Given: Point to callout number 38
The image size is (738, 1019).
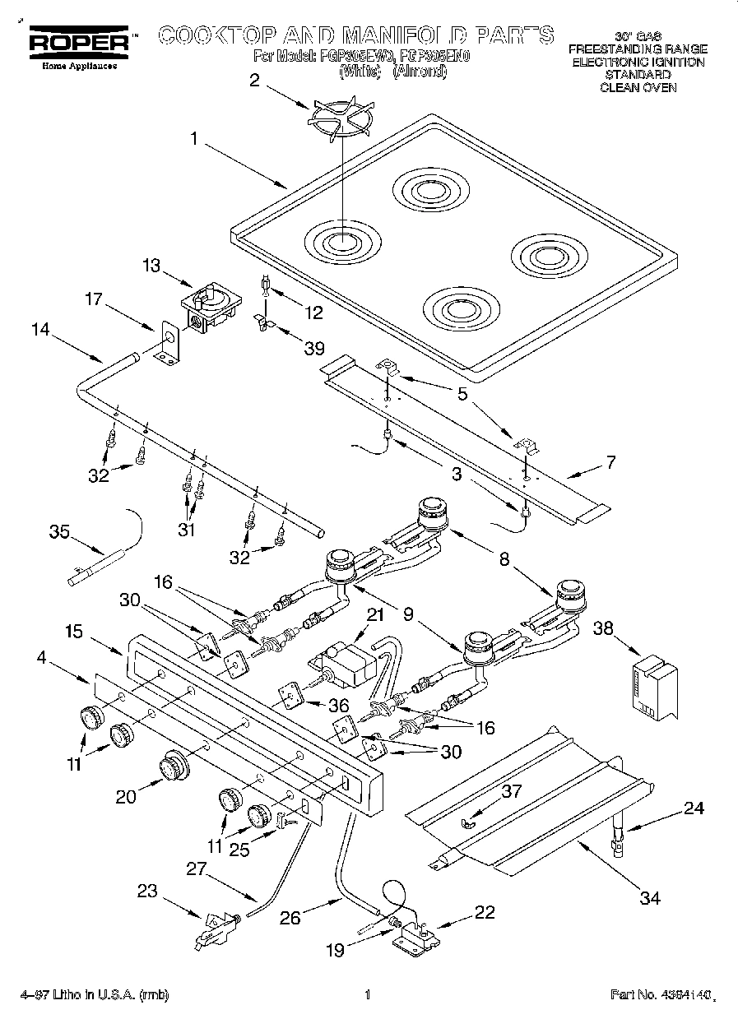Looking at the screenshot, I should [604, 629].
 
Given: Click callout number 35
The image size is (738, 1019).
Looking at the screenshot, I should [59, 532].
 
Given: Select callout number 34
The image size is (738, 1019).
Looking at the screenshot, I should [650, 897].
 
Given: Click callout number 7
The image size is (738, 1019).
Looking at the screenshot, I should [610, 462].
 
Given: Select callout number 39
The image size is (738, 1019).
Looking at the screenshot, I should [313, 349].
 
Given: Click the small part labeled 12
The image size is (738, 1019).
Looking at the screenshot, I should [266, 284].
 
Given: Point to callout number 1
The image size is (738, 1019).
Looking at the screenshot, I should [193, 139].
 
